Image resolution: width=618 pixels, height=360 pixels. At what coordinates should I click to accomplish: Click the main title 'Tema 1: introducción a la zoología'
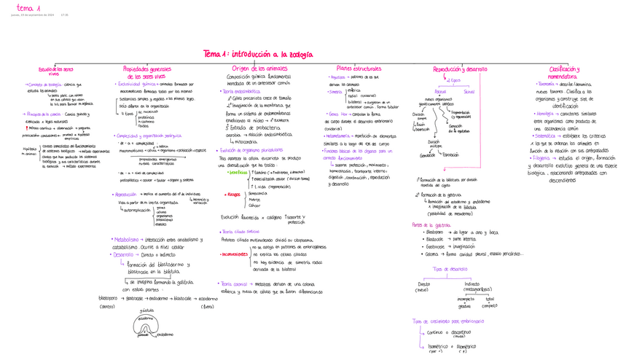coord(257,54)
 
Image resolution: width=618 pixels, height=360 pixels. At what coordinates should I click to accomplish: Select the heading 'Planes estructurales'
coord(353,69)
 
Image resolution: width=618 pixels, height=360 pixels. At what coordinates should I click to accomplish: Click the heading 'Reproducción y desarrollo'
coord(459,69)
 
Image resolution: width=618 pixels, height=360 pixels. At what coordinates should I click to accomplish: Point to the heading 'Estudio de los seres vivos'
coord(56,71)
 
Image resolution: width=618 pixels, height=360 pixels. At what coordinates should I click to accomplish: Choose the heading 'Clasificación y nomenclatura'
coord(563,71)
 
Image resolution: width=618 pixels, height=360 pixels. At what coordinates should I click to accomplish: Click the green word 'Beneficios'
coord(238,173)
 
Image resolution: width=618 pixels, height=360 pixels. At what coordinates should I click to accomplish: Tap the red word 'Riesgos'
coord(234,195)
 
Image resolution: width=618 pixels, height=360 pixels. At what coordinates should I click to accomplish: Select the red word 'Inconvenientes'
coord(234,254)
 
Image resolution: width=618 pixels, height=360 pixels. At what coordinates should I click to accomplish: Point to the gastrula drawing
coord(146,325)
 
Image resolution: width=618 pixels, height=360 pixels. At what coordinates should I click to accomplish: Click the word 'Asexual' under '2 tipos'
coord(440,92)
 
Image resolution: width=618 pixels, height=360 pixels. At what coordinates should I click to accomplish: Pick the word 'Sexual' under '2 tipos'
coord(469,92)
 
